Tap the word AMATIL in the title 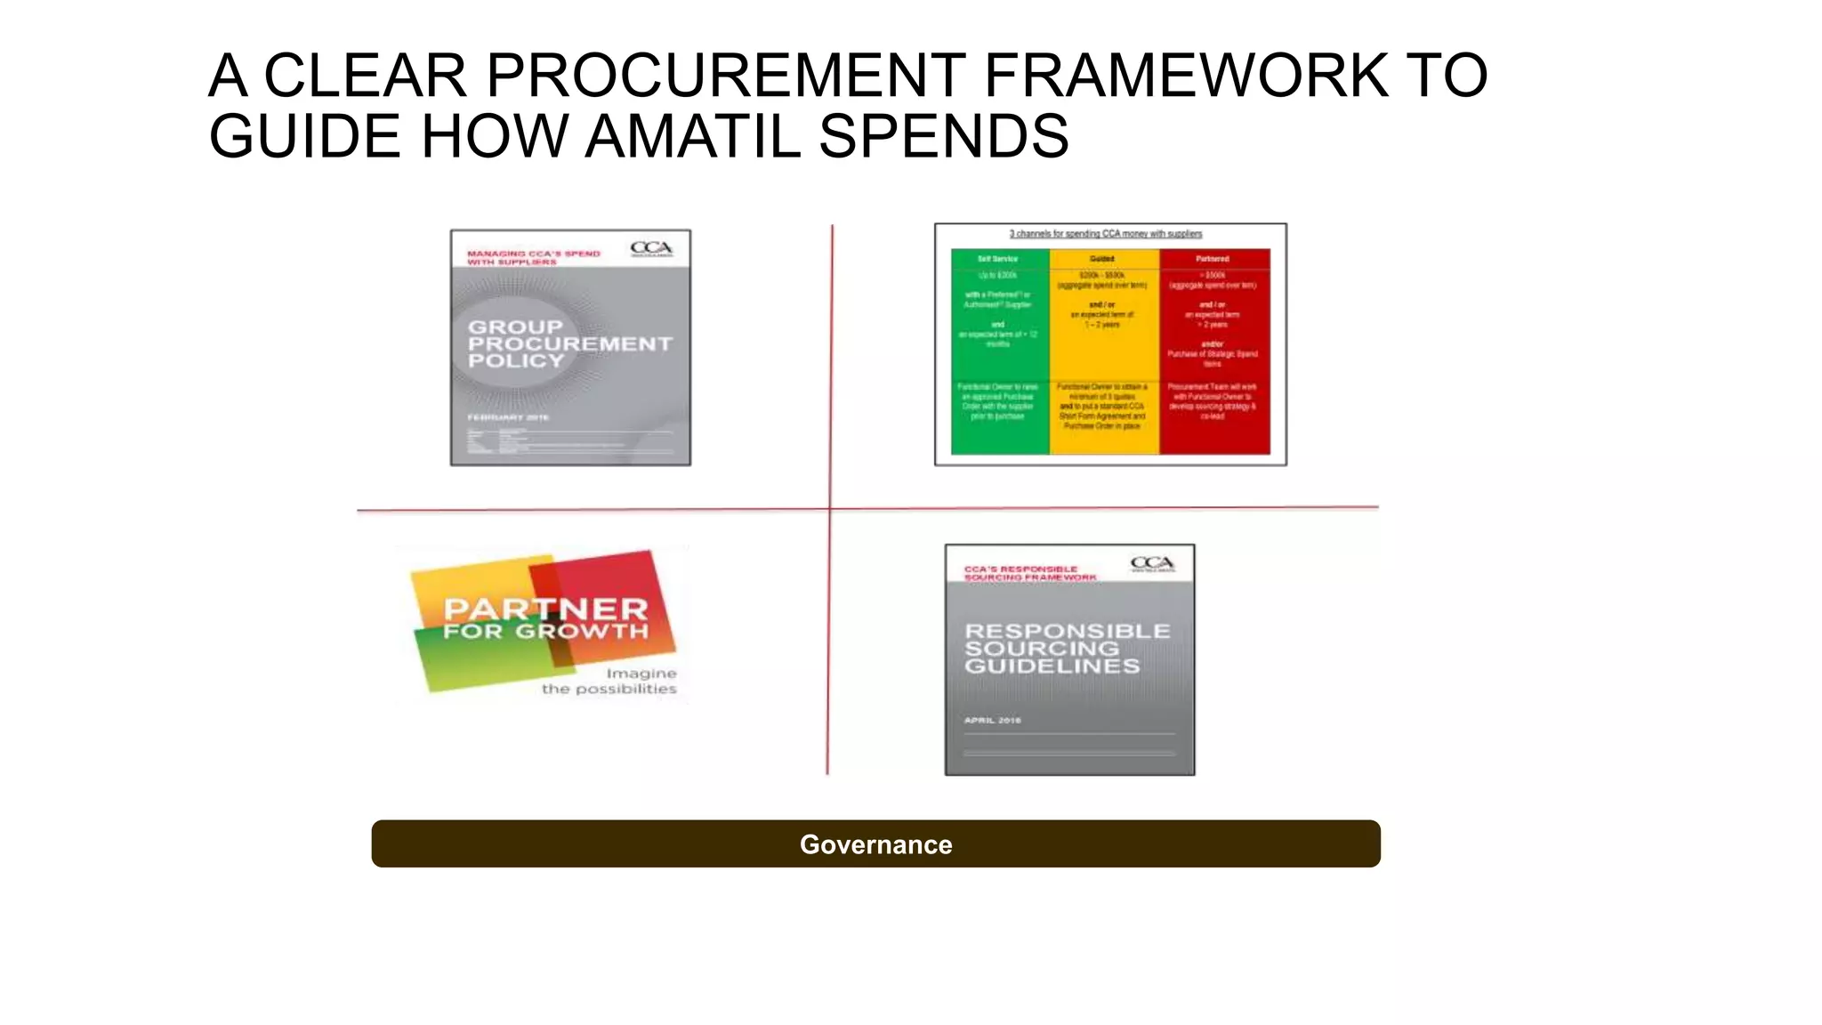(693, 136)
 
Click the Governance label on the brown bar (875, 844)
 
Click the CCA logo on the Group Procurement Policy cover (651, 248)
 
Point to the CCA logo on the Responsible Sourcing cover (1152, 564)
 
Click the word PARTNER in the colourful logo (545, 609)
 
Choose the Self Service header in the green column (997, 259)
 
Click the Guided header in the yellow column (1101, 259)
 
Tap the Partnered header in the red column (1212, 259)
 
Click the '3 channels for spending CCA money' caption (1105, 234)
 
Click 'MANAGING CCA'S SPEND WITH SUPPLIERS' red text (533, 258)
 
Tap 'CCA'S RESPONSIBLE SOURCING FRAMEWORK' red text (1029, 573)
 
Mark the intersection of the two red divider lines (830, 509)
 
